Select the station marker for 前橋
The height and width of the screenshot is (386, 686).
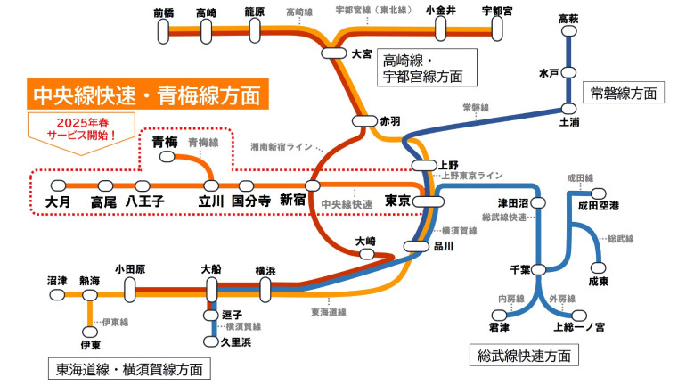click(x=164, y=31)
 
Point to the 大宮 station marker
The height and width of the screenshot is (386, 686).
click(x=334, y=53)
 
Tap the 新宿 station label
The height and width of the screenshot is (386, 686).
click(x=293, y=201)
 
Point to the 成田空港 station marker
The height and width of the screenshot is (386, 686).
click(x=598, y=193)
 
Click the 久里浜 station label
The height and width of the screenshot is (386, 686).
click(x=235, y=341)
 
